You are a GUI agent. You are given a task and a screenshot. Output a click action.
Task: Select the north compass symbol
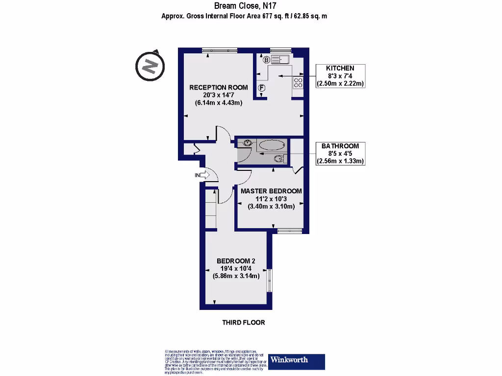point(150,65)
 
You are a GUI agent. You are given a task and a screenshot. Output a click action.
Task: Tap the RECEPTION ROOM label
point(219,87)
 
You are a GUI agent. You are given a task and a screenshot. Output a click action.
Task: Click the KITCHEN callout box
point(341,76)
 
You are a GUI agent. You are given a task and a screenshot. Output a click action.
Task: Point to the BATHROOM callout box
point(340,153)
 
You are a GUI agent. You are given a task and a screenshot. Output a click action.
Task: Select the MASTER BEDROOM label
point(271,191)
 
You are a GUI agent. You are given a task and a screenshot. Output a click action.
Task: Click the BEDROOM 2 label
point(236,261)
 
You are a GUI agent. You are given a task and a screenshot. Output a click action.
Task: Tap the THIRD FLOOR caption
point(244,323)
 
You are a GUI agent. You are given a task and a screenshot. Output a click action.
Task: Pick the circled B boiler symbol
point(266,60)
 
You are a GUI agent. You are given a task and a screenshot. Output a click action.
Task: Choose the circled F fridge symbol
point(262,88)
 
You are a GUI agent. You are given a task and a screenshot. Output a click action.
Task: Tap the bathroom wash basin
point(246,143)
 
